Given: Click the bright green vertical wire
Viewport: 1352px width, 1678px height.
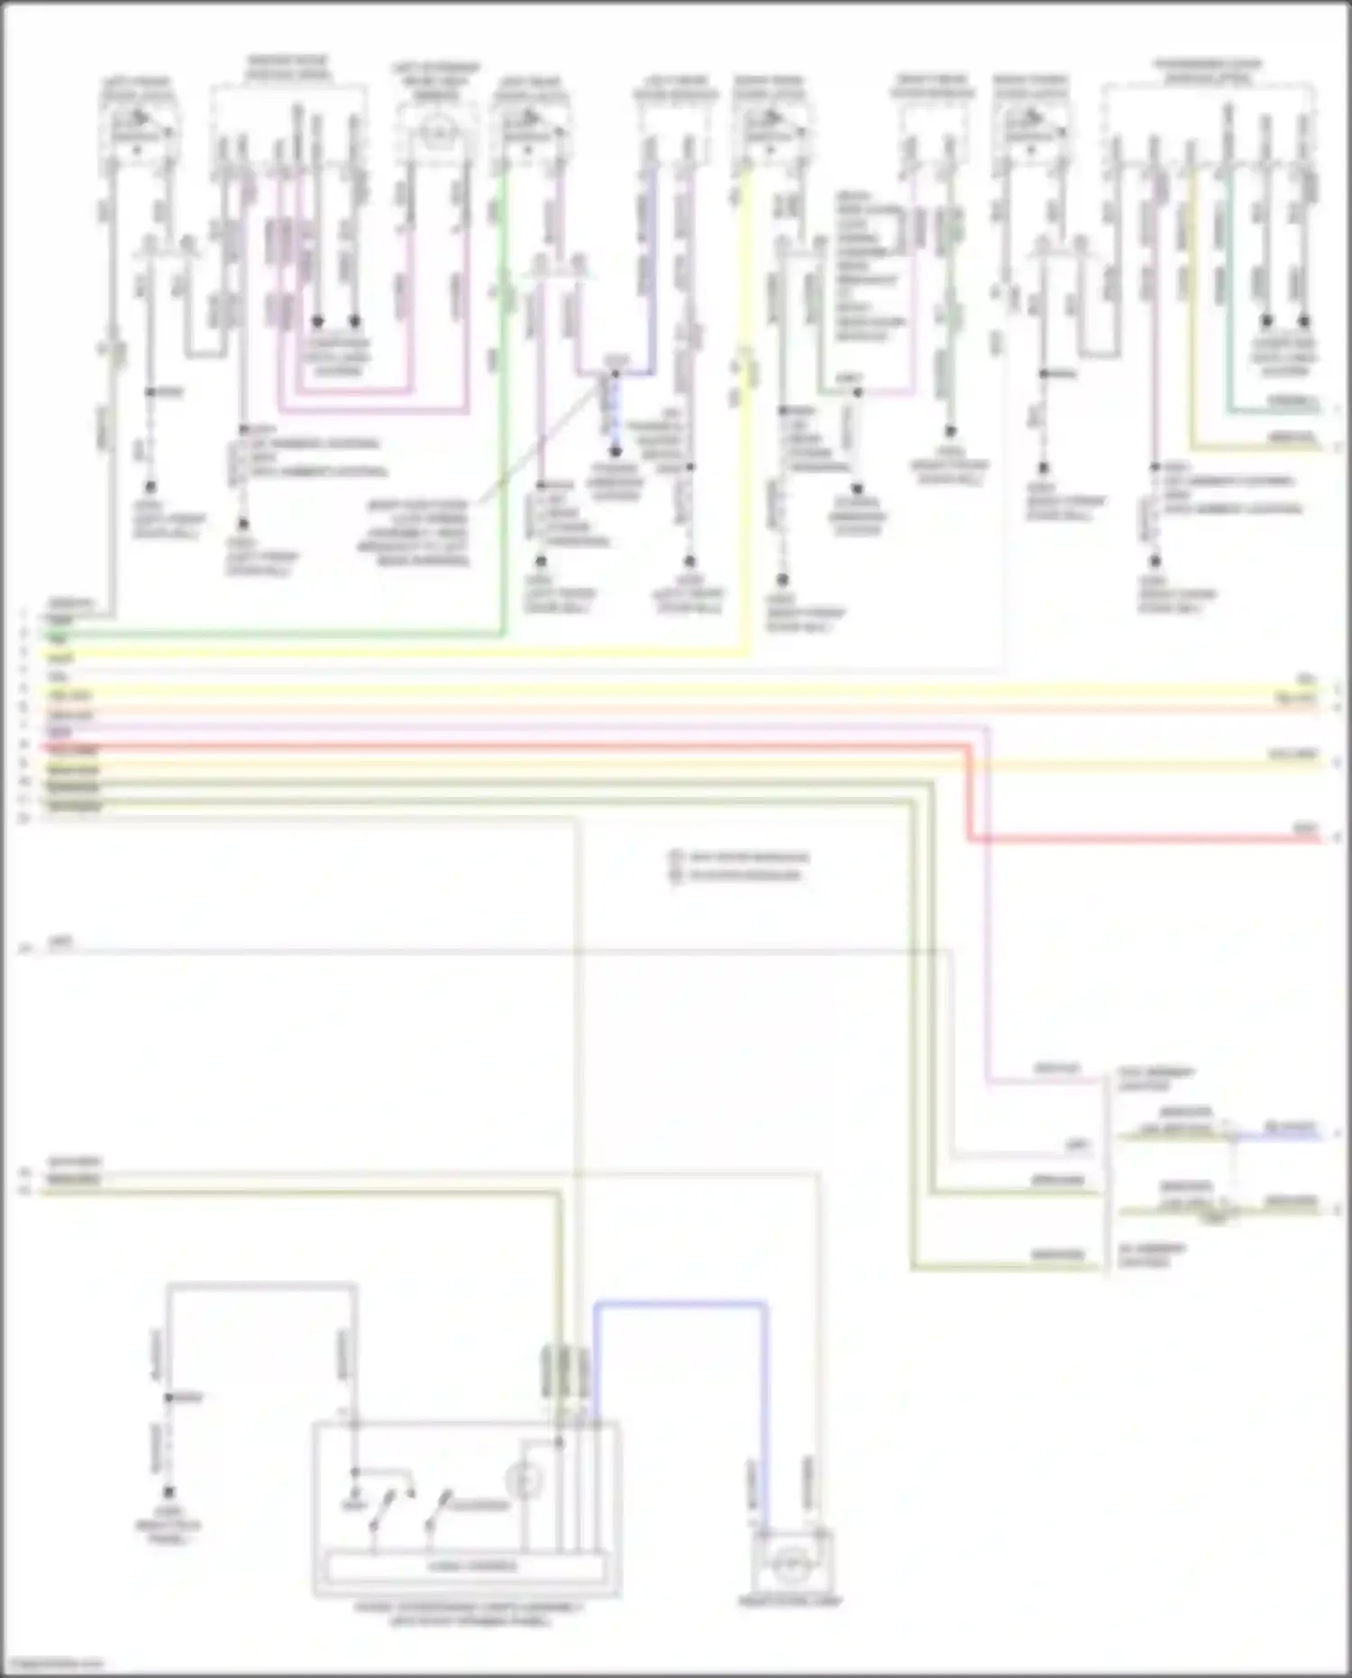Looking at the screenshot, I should [503, 406].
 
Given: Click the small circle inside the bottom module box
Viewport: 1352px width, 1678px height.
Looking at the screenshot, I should [524, 1480].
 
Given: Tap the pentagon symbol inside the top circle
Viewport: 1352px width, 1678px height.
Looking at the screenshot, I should [433, 134].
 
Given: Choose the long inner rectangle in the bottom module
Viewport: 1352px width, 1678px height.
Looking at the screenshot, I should [465, 1566].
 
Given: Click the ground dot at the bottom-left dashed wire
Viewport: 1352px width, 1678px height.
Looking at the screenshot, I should [169, 1492].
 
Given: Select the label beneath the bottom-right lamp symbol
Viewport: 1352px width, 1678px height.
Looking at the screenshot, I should [790, 1602].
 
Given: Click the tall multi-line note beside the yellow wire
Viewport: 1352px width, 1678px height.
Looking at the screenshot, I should [870, 266].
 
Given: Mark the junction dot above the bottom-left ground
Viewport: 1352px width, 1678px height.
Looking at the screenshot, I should [169, 1398].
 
